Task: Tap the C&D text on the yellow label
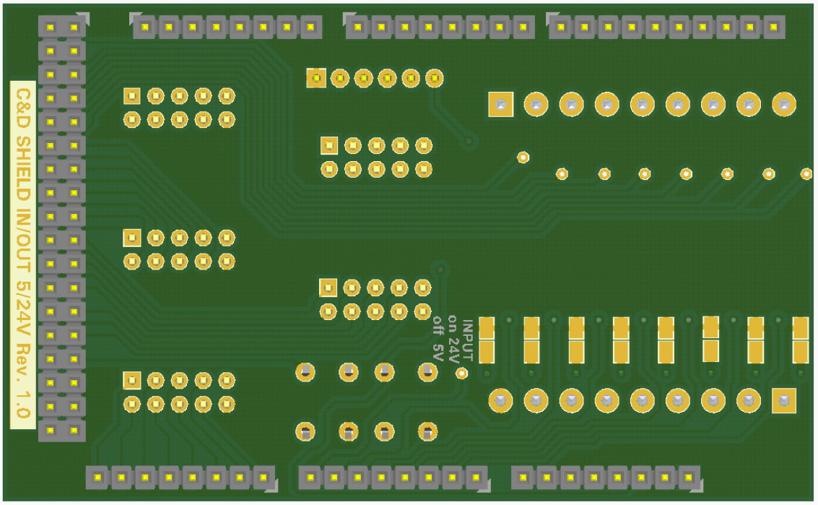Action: coord(22,109)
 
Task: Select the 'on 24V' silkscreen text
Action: coord(453,338)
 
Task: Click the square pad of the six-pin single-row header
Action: coord(316,78)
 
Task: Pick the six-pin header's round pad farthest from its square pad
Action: coord(434,78)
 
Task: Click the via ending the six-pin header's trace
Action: coord(470,140)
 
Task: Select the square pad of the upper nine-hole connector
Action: coord(500,105)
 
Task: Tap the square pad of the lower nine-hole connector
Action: coord(783,400)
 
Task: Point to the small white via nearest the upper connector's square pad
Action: coord(523,156)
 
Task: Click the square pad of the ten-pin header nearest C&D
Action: coord(132,95)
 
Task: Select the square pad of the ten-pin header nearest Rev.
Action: coord(132,379)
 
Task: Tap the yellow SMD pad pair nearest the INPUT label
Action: coord(487,340)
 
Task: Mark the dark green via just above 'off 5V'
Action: coord(439,269)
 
